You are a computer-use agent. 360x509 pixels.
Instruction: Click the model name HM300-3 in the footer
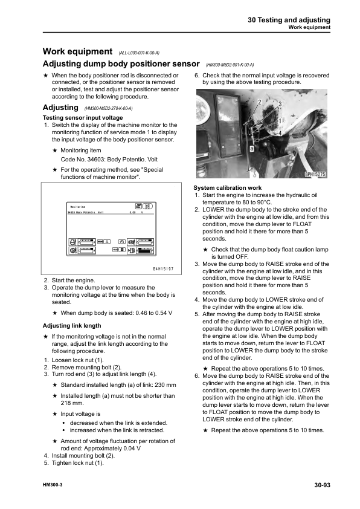click(54, 485)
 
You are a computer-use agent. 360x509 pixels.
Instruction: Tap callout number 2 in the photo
click(259, 101)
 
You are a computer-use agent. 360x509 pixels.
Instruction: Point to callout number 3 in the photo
click(280, 105)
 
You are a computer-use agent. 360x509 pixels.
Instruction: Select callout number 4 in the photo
click(280, 133)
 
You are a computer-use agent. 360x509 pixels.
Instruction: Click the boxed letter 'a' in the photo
click(251, 148)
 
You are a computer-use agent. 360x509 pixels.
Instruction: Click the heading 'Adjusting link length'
click(72, 325)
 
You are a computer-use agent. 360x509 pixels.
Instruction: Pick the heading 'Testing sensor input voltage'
click(83, 117)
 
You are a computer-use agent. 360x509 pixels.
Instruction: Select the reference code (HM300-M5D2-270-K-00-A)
click(106, 108)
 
